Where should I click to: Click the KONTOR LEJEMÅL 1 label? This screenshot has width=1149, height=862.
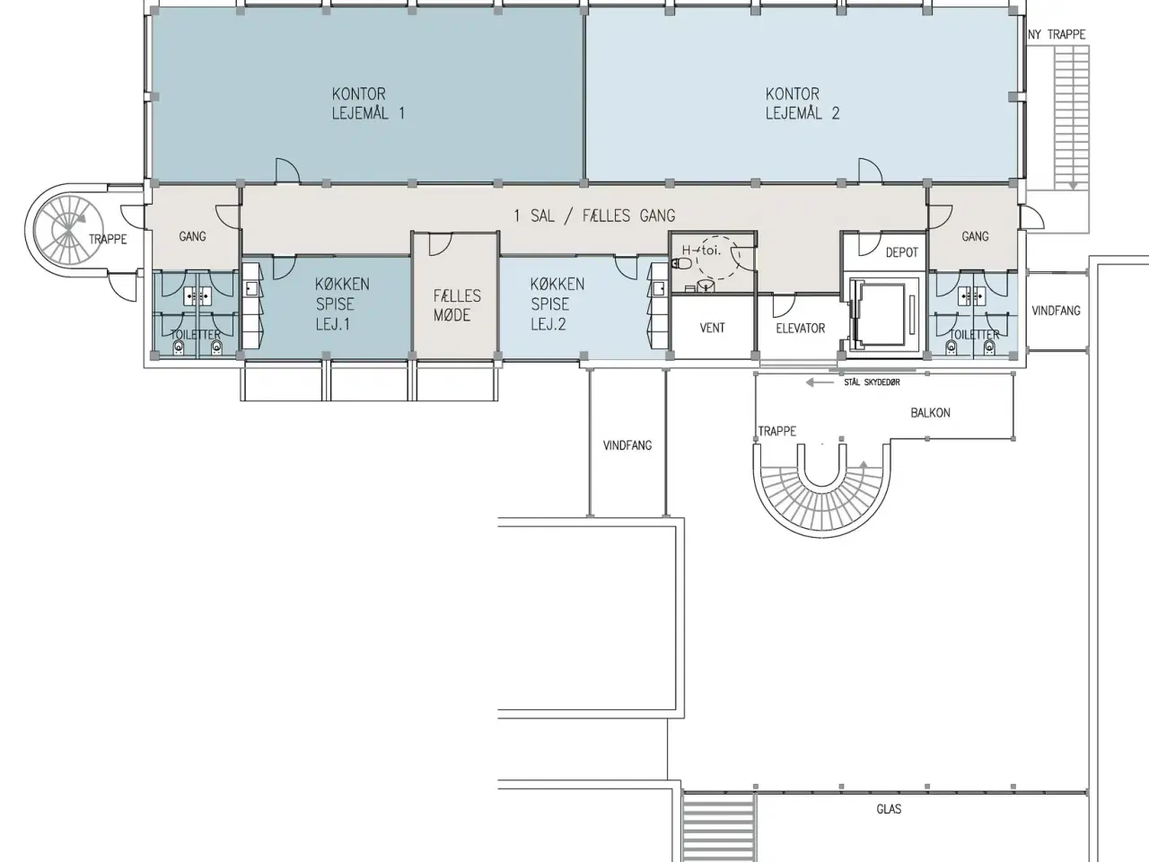369,103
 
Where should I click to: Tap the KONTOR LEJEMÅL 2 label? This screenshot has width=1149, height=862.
803,103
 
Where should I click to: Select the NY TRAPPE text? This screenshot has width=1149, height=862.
1057,34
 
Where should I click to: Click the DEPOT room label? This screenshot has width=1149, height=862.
902,252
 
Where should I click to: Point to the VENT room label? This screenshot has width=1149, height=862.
713,328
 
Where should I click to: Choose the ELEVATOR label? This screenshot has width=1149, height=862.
801,328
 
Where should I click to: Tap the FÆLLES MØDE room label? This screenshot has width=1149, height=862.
457,305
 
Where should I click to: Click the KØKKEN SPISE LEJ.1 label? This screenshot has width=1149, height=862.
342,304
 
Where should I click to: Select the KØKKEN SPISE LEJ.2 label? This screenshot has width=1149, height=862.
557,304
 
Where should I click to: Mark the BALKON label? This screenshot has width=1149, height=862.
930,412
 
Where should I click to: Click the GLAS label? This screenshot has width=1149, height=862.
889,809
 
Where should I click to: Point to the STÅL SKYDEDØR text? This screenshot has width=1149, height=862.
873,383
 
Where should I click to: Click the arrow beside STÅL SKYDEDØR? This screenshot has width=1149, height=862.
820,383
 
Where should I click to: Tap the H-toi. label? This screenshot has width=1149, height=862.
701,251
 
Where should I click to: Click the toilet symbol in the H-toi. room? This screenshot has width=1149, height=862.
680,263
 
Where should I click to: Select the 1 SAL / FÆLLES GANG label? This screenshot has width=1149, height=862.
594,215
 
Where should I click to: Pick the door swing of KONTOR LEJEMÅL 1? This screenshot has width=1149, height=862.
288,171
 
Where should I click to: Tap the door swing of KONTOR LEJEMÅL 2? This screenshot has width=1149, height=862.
870,171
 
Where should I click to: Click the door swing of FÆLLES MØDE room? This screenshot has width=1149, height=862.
440,244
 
